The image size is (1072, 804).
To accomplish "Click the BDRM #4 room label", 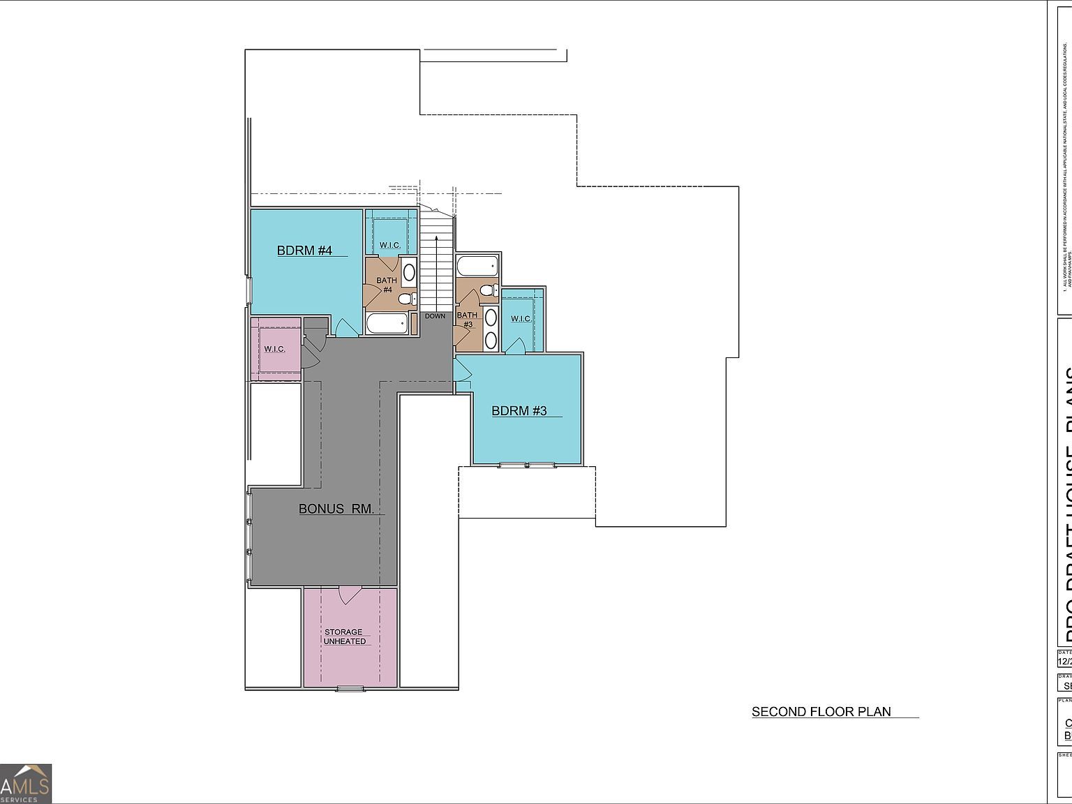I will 304,251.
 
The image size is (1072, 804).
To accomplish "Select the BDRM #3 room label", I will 519,411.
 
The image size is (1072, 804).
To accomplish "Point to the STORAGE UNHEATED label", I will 344,636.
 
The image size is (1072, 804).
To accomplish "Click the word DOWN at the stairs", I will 435,316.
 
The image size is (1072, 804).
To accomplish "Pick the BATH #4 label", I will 387,285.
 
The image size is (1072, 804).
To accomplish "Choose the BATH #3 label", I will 467,320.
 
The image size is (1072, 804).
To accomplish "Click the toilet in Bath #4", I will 405,300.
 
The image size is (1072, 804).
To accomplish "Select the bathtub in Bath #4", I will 387,324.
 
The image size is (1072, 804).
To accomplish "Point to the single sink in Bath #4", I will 409,272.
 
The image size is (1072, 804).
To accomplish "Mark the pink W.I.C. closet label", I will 274,349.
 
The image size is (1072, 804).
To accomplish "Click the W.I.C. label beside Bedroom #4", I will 389,245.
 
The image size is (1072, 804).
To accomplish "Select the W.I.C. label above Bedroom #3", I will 521,319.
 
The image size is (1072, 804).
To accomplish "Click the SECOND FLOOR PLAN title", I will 821,712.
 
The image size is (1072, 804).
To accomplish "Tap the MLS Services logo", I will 26,783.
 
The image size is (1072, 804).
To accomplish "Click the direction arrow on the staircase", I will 437,272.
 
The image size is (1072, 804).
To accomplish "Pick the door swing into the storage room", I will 349,595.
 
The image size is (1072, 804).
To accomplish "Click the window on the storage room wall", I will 350,689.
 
